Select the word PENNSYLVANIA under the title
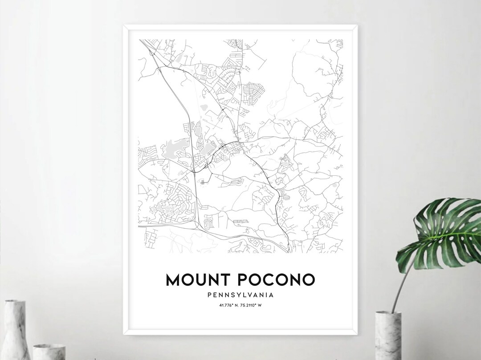point(240,295)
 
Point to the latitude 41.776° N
point(229,305)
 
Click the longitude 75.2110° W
point(252,305)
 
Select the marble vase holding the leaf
point(387,334)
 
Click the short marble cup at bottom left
point(49,352)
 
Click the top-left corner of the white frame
point(124,26)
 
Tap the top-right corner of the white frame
point(357,26)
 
